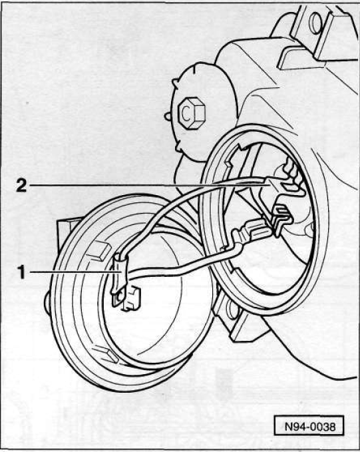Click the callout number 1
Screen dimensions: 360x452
point(21,272)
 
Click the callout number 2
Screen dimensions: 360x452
point(21,185)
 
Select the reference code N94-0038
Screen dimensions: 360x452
point(309,426)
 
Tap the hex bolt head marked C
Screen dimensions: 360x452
point(191,113)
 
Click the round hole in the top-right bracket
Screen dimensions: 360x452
point(316,22)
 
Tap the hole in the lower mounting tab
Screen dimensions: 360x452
point(232,309)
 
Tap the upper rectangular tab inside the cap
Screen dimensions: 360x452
point(99,250)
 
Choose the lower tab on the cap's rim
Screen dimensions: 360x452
point(104,354)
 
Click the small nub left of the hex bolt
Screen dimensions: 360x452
point(167,116)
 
